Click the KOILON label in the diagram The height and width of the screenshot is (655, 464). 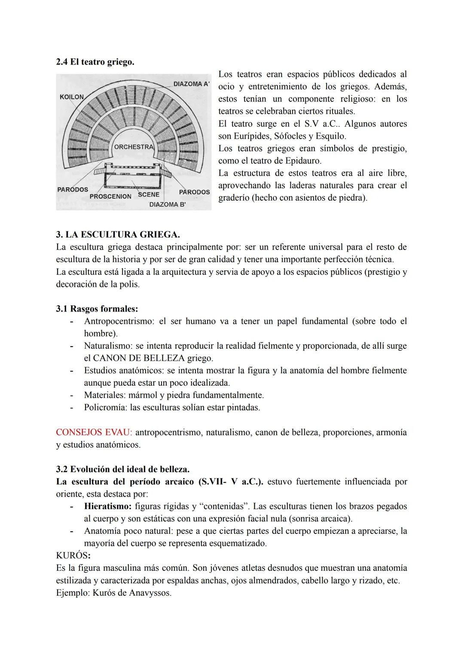[72, 97]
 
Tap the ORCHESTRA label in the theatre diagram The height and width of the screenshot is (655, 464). [134, 147]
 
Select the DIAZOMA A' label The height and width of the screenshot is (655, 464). [191, 84]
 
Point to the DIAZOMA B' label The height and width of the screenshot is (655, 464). [167, 204]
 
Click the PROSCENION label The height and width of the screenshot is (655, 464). [110, 196]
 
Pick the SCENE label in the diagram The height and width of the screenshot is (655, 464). [149, 195]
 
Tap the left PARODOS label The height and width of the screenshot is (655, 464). [73, 189]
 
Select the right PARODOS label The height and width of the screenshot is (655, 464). [194, 192]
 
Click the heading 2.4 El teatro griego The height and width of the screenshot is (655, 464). [95, 62]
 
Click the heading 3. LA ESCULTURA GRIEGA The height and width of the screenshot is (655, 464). [118, 235]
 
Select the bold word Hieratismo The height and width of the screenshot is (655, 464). [108, 506]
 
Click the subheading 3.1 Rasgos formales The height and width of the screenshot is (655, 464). [97, 309]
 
